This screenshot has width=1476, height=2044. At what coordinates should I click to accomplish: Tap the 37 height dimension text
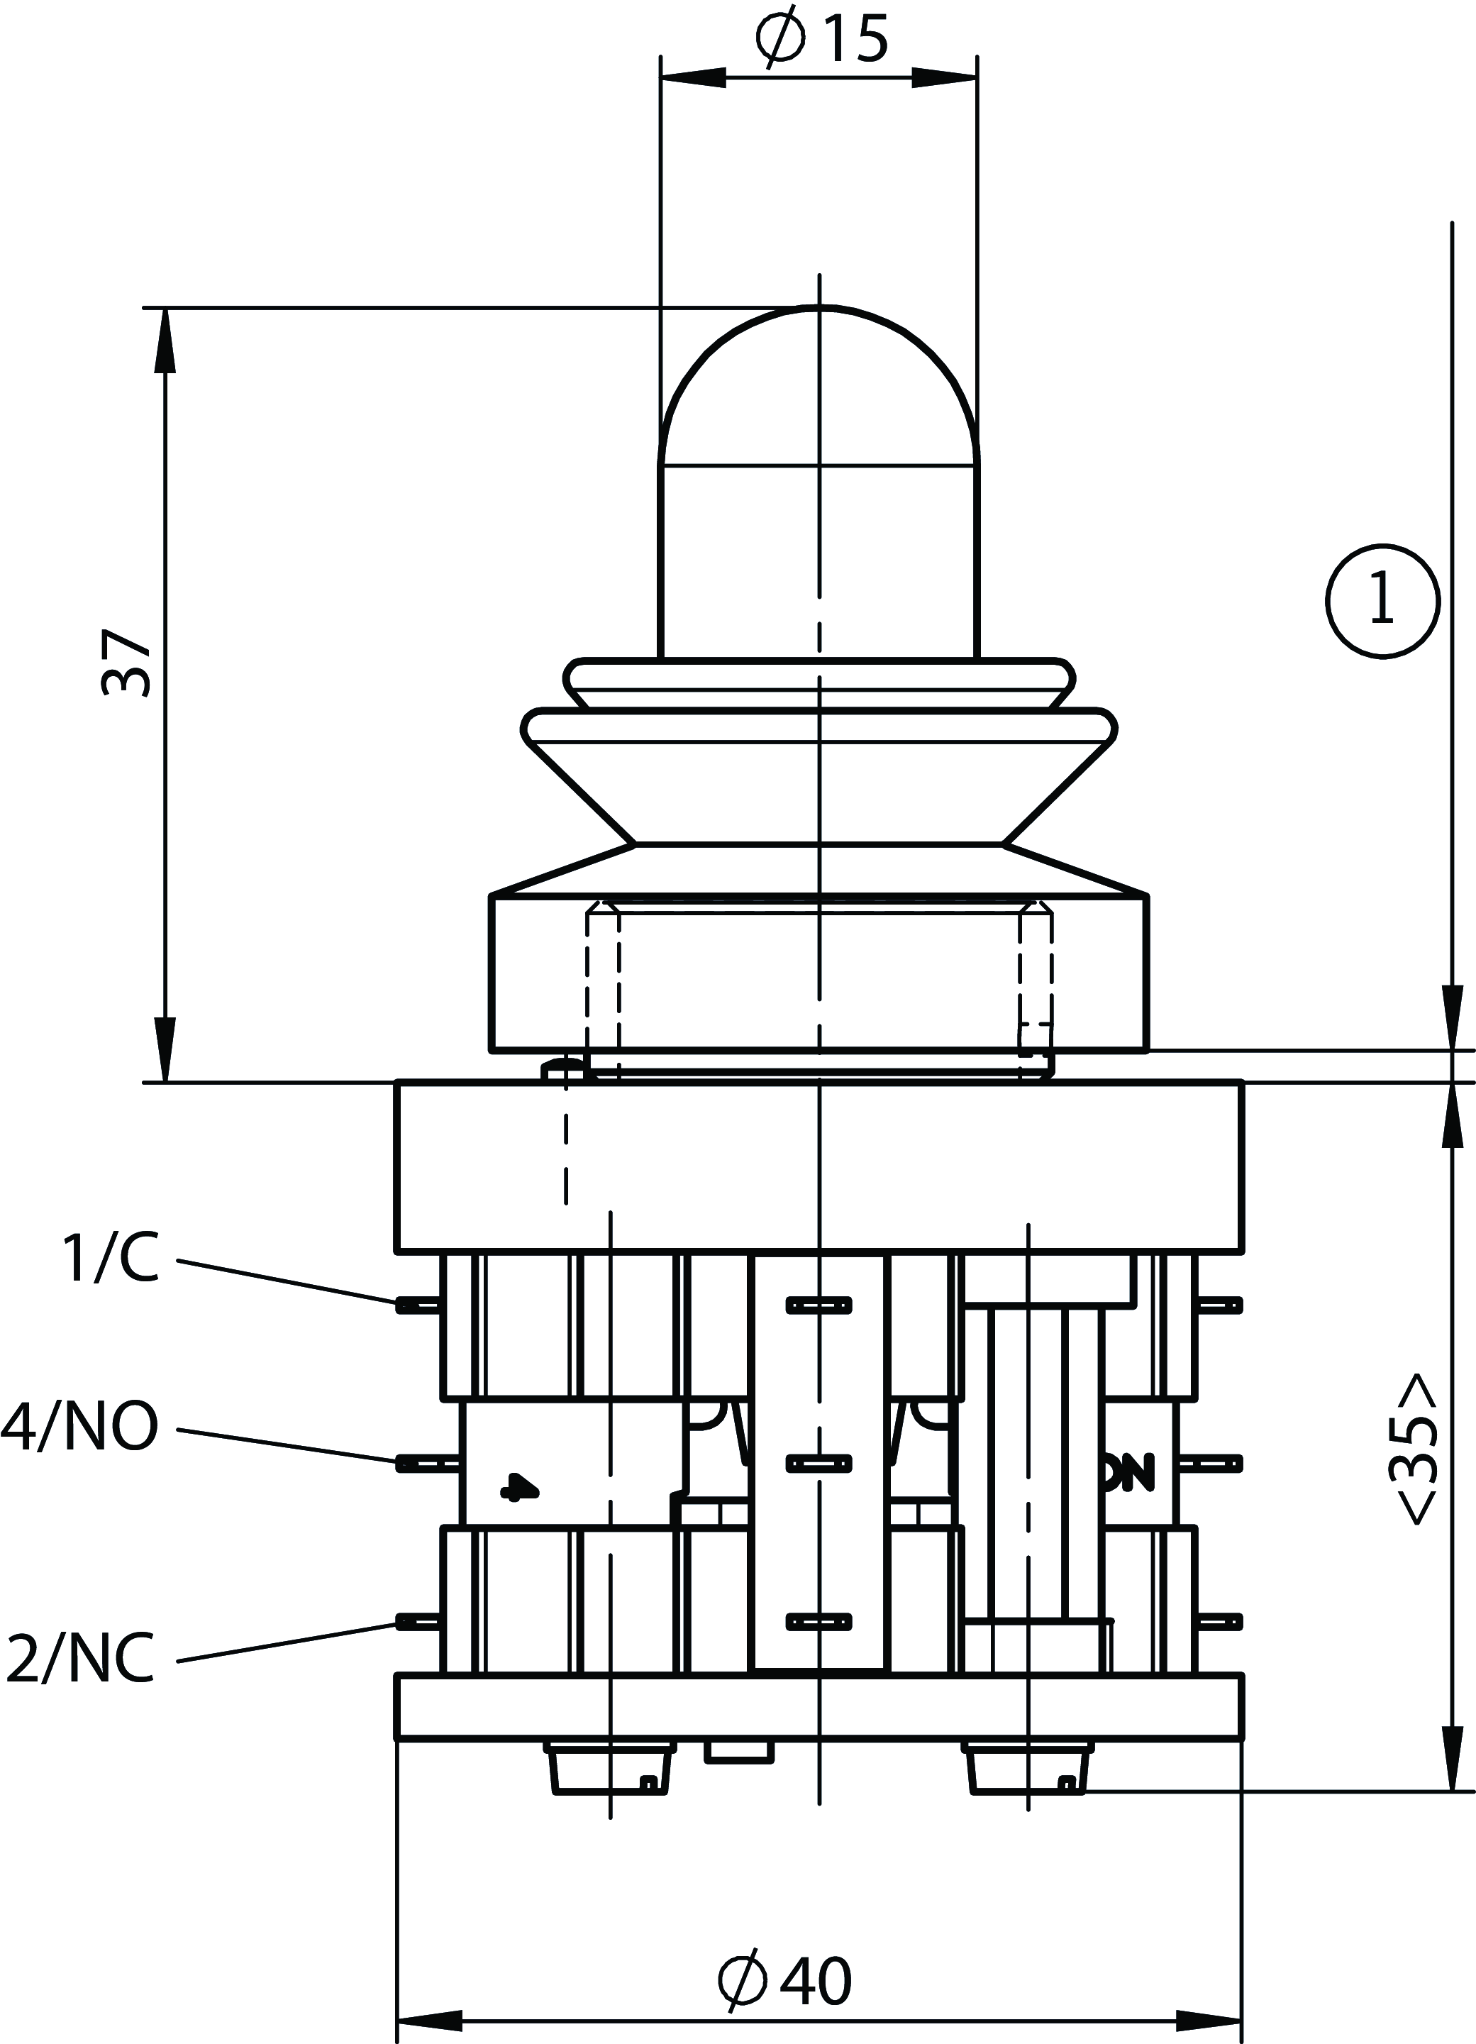(126, 665)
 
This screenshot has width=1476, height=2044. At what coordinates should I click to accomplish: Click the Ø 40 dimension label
(786, 1979)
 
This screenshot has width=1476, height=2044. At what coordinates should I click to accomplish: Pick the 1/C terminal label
(110, 1258)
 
